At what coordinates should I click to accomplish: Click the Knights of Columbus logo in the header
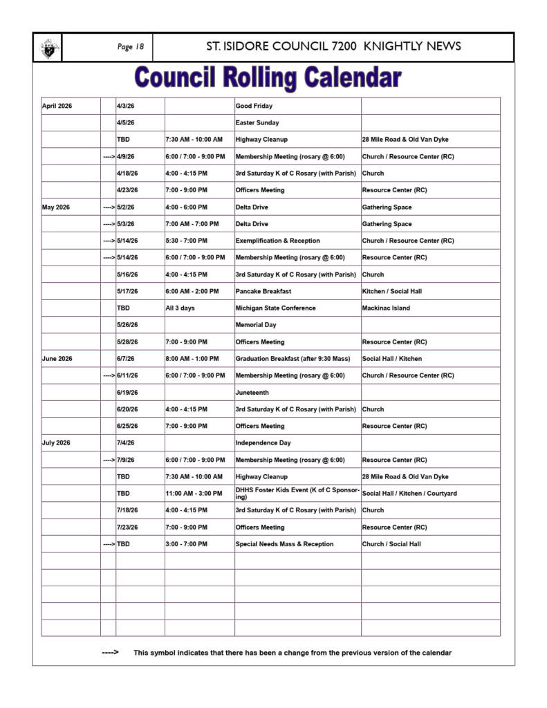[48, 48]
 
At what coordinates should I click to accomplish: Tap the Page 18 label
[130, 47]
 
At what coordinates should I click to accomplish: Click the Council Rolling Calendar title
[268, 78]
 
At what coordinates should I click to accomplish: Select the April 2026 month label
[57, 106]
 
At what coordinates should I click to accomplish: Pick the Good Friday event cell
[254, 106]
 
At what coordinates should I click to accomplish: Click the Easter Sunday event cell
[257, 123]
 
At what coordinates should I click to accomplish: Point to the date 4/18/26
[127, 174]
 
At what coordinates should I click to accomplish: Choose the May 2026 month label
[56, 207]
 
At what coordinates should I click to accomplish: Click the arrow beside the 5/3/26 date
[109, 224]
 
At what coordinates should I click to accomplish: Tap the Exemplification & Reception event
[277, 241]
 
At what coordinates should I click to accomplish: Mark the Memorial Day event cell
[256, 325]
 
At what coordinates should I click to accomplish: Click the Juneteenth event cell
[252, 393]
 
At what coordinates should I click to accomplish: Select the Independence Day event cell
[263, 443]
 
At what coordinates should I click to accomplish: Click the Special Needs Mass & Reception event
[284, 544]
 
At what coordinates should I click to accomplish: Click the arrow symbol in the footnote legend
[110, 653]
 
